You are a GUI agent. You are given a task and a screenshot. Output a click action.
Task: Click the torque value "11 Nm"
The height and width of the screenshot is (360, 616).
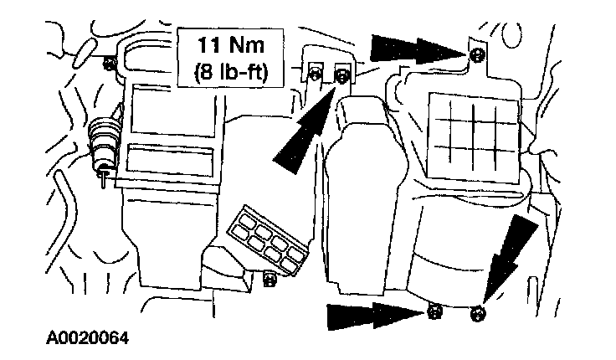tap(229, 43)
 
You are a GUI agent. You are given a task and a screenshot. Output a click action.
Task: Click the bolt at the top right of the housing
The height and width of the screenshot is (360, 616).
tap(475, 55)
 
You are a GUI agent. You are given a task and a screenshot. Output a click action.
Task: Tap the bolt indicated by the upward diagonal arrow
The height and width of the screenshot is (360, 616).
tap(341, 78)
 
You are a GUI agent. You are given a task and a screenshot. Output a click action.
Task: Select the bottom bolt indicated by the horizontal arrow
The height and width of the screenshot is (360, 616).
tap(434, 314)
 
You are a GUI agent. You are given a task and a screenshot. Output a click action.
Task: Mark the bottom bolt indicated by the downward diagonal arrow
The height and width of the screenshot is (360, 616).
tap(477, 316)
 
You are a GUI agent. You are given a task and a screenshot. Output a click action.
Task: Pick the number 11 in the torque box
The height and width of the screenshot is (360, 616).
tap(206, 43)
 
